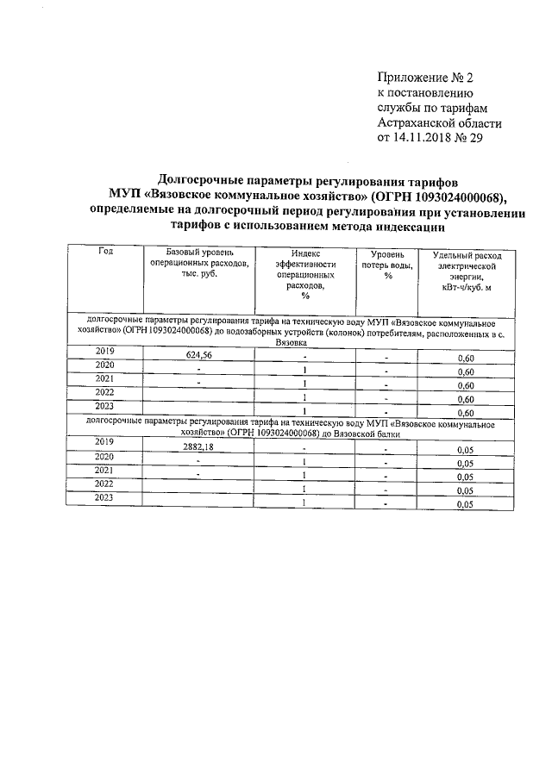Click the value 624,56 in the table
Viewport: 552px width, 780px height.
[198, 354]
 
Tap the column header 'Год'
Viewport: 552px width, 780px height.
[105, 251]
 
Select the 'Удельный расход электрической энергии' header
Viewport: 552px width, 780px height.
[465, 274]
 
